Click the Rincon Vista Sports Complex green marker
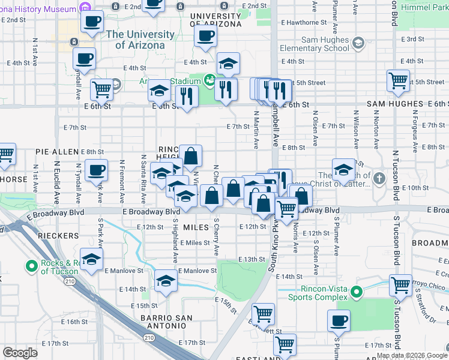tap(356, 292)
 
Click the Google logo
tap(20, 353)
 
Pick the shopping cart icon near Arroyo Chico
tap(400, 285)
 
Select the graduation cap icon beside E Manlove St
tap(166, 281)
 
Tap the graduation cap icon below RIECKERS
tap(91, 259)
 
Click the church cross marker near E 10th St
tap(379, 178)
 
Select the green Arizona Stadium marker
tap(209, 79)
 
